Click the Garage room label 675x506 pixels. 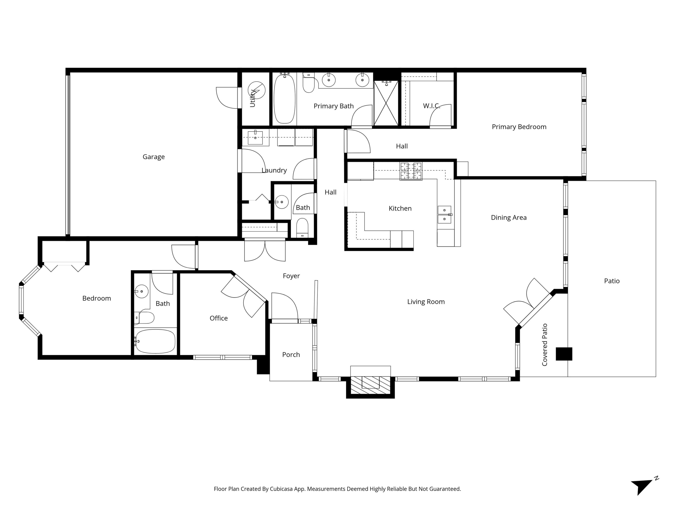[153, 157]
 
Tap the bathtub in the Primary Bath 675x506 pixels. [284, 99]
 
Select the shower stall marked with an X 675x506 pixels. [386, 103]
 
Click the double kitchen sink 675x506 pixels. [444, 214]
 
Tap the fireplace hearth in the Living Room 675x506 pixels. [370, 386]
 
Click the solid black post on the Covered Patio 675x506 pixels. [564, 354]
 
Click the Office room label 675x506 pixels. [218, 318]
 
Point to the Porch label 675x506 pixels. [291, 354]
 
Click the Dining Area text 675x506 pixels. [508, 217]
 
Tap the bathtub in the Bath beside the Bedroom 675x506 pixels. [155, 341]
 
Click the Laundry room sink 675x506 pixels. [255, 138]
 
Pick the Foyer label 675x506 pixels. [291, 276]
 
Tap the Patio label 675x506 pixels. [612, 281]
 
